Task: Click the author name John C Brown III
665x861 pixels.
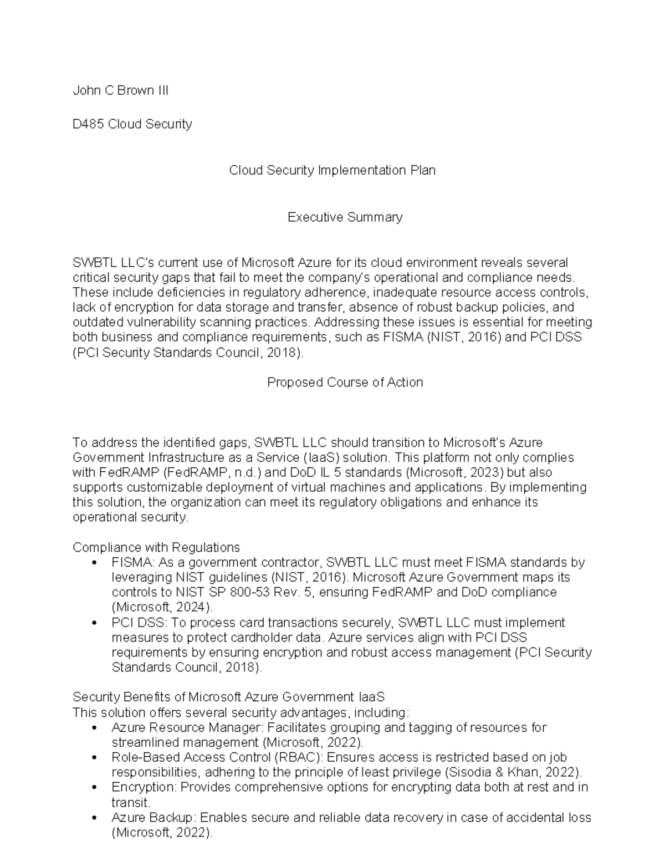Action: pyautogui.click(x=120, y=91)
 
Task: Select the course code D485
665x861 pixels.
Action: pyautogui.click(x=88, y=124)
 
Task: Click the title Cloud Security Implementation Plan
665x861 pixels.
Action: pyautogui.click(x=332, y=170)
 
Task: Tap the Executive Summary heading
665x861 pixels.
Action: pyautogui.click(x=345, y=217)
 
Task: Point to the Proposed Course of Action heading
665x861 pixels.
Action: pyautogui.click(x=345, y=383)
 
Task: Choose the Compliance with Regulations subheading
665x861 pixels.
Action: pyautogui.click(x=156, y=548)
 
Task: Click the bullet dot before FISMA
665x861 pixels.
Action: pyautogui.click(x=96, y=563)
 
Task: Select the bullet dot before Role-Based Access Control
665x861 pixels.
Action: pyautogui.click(x=96, y=758)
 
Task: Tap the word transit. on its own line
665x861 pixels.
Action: pyautogui.click(x=131, y=803)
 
